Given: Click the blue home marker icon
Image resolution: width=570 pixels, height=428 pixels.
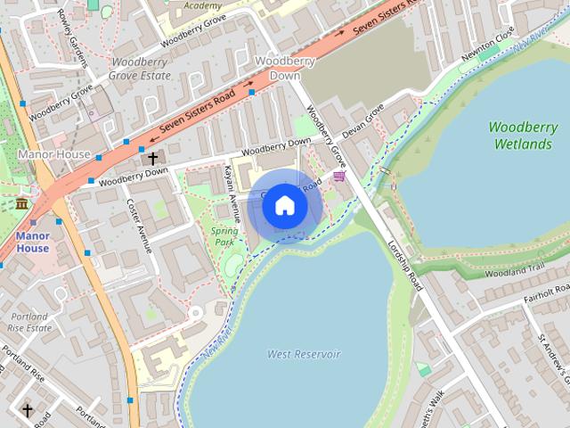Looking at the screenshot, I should coord(284,205).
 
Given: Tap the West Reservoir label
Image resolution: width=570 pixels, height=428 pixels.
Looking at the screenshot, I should coord(304,354).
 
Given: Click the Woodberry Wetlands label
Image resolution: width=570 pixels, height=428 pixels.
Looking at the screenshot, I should coord(523,135).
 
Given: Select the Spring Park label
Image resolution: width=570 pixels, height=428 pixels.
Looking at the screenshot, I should coord(224,236).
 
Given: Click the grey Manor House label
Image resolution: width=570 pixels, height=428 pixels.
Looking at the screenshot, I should coord(54,154).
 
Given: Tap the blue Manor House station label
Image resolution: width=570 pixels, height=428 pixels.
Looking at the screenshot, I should coord(32,243).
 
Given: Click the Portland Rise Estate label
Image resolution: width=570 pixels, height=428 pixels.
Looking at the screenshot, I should coord(29,322).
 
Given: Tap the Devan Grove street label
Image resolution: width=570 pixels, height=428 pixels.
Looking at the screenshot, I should coord(362,120).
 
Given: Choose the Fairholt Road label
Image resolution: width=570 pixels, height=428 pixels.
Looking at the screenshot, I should coord(547,293).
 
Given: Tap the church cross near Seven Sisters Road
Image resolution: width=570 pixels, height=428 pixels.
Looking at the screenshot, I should coord(153,159).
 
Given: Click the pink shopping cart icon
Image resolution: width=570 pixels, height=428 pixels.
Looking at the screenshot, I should coord(338,177).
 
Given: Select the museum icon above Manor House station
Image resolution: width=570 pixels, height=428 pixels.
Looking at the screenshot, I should coord(21,204).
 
